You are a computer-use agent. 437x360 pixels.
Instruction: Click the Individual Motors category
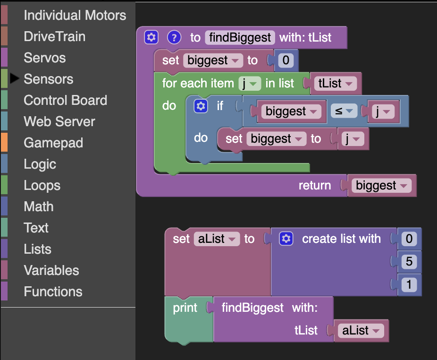[x=75, y=15]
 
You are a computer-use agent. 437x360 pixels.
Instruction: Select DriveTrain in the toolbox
[x=55, y=36]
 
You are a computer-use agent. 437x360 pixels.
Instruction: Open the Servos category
[x=45, y=58]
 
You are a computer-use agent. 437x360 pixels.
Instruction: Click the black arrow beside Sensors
[x=15, y=78]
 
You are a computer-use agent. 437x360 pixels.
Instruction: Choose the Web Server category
[x=59, y=121]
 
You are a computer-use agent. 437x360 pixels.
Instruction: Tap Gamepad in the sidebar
[x=53, y=143]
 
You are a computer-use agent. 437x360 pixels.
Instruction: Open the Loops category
[x=42, y=185]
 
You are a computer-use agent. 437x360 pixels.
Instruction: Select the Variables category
[x=51, y=270]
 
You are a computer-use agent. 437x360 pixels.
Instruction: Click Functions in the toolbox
[x=53, y=291]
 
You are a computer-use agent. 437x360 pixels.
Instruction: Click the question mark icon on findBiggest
[x=174, y=37]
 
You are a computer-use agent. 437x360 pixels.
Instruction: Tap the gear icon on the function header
[x=151, y=37]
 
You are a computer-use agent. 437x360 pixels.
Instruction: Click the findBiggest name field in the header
[x=240, y=37]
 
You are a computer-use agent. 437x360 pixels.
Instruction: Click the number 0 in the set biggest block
[x=286, y=60]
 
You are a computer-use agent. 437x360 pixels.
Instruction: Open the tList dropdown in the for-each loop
[x=336, y=83]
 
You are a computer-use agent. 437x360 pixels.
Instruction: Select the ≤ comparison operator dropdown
[x=344, y=111]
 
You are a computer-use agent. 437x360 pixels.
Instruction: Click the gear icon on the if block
[x=201, y=106]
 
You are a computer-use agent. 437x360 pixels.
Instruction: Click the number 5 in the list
[x=409, y=261]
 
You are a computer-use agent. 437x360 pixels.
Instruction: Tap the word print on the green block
[x=185, y=308]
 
